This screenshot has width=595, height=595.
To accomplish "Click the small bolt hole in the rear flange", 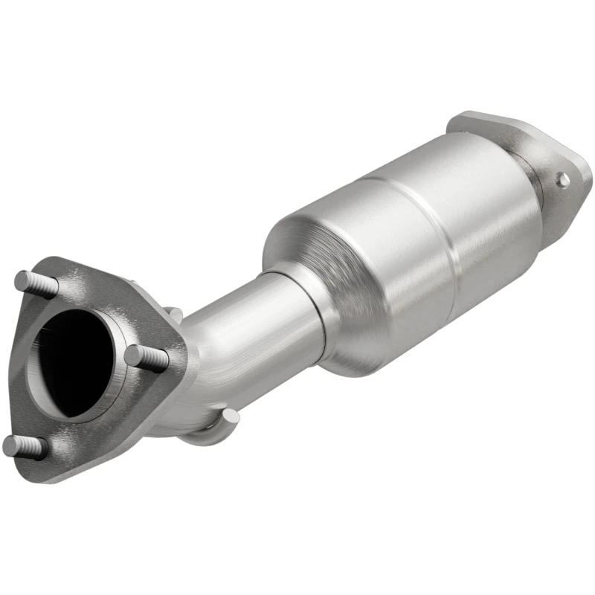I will pyautogui.click(x=563, y=179).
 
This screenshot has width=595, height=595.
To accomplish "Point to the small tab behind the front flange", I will pyautogui.click(x=174, y=314).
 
